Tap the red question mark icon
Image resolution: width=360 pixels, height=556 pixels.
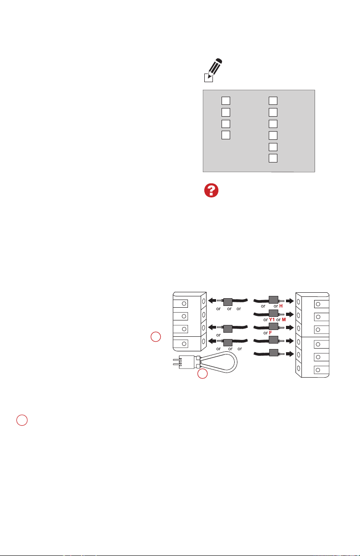[x=211, y=190]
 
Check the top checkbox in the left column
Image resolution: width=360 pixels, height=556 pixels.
[x=226, y=101]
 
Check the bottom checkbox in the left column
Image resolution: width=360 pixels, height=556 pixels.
[x=226, y=135]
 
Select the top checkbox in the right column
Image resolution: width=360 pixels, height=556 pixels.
[x=273, y=101]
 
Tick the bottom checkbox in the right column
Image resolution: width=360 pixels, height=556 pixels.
[x=273, y=158]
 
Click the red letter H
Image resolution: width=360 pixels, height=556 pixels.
[x=281, y=306]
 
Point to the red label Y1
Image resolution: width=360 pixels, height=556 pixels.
[x=272, y=320]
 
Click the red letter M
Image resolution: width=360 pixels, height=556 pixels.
[x=284, y=320]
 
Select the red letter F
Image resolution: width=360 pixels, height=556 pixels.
[x=271, y=333]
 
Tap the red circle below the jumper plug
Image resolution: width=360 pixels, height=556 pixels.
[x=202, y=374]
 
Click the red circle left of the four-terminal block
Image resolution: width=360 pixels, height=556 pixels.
[x=156, y=337]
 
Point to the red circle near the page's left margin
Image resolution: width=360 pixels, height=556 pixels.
[x=22, y=420]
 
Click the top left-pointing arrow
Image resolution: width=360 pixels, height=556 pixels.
[x=212, y=300]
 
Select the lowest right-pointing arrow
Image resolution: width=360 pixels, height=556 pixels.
[x=290, y=354]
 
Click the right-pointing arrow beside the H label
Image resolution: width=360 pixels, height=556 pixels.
[x=290, y=301]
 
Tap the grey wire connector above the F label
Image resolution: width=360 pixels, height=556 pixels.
[x=273, y=326]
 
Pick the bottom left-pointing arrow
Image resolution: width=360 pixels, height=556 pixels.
[x=212, y=341]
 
